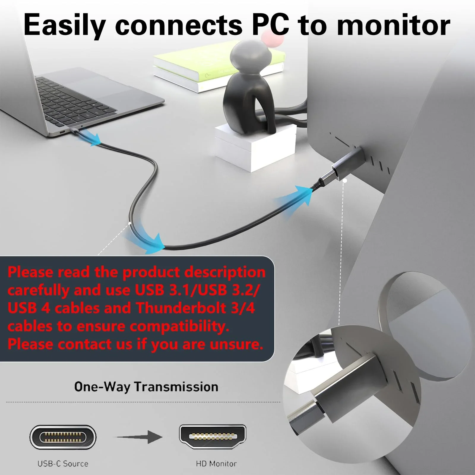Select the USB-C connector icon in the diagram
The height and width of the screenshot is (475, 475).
click(63, 437)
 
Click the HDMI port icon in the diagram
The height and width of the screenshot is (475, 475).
click(213, 436)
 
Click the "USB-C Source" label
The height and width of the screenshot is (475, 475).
click(63, 463)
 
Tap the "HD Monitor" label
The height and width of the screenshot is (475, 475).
click(216, 463)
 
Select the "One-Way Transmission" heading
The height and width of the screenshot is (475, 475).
click(146, 387)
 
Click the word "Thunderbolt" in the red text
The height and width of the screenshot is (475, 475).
click(181, 308)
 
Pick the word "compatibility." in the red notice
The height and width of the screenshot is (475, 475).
click(180, 327)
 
